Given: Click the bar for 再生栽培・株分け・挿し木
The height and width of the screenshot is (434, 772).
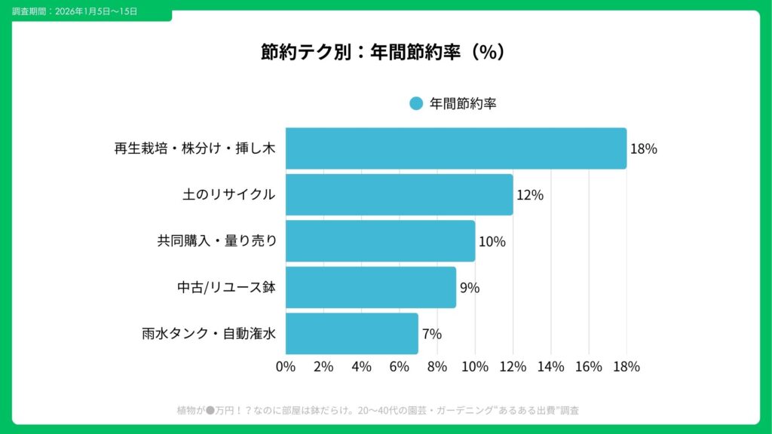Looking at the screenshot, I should (x=455, y=148).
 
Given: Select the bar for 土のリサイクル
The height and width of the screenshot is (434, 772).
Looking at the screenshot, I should (x=399, y=194).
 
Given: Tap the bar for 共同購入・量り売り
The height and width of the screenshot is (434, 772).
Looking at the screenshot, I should (x=380, y=241).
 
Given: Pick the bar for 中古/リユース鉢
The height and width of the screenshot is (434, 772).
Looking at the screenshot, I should (x=370, y=287).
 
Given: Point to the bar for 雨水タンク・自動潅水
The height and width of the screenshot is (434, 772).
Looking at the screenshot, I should (x=351, y=333).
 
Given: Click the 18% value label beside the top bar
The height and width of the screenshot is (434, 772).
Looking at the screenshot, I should (x=643, y=149).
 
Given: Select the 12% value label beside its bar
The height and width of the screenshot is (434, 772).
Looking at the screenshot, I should (x=529, y=195).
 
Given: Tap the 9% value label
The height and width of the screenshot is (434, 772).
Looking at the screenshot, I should (x=470, y=288).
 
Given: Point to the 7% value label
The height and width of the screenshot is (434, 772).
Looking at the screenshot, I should (x=432, y=334).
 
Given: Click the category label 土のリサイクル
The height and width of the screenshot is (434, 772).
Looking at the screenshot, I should (x=228, y=195).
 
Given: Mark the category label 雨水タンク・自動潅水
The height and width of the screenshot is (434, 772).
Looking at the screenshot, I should (x=209, y=334).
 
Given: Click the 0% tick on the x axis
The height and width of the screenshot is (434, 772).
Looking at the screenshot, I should (x=286, y=367).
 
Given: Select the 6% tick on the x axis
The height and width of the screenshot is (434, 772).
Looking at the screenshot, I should (x=399, y=367).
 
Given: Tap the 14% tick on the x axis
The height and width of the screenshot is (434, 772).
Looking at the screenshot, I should (x=550, y=367).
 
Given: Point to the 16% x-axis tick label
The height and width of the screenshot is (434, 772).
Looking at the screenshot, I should (x=588, y=367).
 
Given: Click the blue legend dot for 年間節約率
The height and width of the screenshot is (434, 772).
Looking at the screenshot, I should (x=416, y=104).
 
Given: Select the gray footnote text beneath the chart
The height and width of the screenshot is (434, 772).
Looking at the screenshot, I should (x=378, y=411).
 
